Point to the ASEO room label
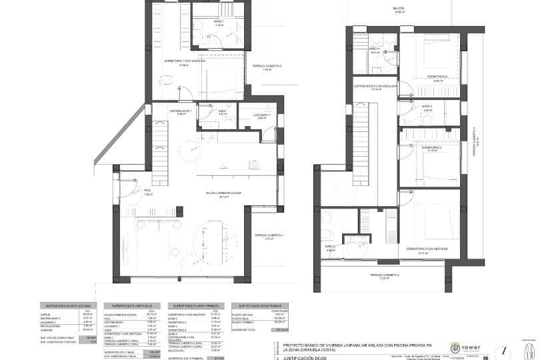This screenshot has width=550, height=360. (223, 113)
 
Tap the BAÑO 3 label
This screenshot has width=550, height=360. (427, 108)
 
